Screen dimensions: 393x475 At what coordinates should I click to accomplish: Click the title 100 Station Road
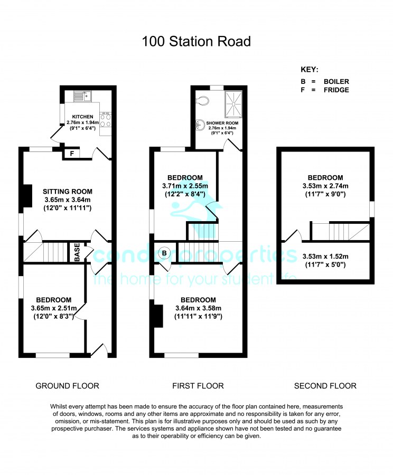196,42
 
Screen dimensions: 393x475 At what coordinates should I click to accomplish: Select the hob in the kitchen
106,120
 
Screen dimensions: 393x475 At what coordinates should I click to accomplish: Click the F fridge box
71,154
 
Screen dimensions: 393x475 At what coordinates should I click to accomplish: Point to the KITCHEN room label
83,117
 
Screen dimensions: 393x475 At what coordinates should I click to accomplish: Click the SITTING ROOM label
68,192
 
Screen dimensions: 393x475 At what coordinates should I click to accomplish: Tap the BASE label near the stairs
77,252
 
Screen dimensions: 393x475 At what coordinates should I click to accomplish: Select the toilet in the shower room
202,101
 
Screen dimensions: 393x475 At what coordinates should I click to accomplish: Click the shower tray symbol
233,104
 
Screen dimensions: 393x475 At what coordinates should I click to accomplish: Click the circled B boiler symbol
164,253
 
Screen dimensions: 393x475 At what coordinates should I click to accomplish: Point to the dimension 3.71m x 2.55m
185,186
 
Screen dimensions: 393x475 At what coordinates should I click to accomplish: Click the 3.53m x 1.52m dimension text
325,256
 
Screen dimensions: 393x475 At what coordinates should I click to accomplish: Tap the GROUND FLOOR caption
67,386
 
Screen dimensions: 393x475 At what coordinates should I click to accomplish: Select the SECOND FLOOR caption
325,386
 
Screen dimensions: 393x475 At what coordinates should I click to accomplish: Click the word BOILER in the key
336,81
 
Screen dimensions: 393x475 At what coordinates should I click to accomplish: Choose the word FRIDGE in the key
336,90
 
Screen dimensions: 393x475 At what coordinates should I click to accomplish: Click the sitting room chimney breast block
27,196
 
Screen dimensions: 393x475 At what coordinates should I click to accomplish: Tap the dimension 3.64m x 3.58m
198,308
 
